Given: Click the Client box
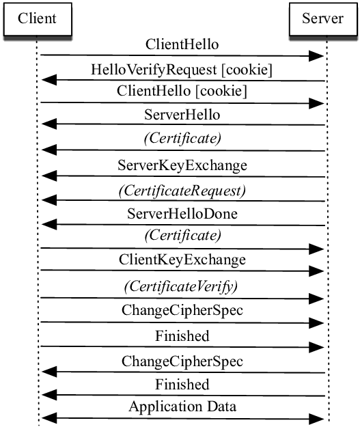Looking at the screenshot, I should pos(38,18).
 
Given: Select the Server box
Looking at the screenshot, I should pos(322,18).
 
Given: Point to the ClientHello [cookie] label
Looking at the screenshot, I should pos(182,91).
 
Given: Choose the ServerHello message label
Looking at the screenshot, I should pos(182,113).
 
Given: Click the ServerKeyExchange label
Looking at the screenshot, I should pos(182,165).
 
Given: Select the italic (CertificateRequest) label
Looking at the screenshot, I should pos(182,190).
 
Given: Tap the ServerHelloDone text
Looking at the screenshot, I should pos(182,214).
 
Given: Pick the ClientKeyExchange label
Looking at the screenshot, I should pos(182,260).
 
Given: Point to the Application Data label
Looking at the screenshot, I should pos(182,407).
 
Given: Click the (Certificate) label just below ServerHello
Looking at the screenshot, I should pos(182,139).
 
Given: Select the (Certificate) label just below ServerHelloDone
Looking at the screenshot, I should pos(182,236).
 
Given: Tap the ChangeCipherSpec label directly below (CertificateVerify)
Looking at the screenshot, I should pos(182,310).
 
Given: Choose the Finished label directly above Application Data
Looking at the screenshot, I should pos(182,384).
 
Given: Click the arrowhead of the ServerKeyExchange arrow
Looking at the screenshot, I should pos(48,176).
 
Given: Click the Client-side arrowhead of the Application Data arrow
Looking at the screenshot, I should pos(48,417).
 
